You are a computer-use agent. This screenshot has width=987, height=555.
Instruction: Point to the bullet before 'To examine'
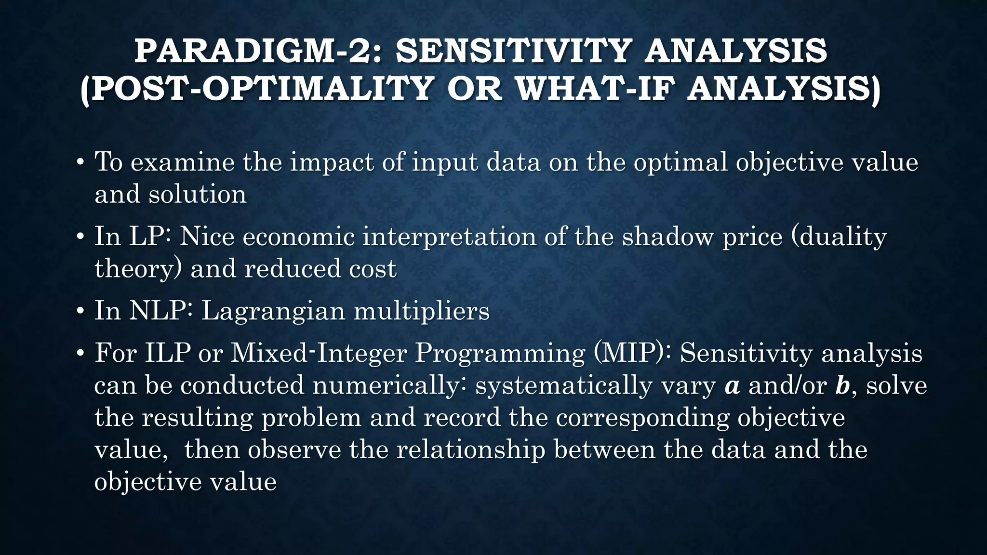pos(80,162)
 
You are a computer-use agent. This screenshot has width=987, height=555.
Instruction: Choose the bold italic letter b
pos(842,386)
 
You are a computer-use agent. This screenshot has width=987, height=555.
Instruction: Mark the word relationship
pos(470,450)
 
